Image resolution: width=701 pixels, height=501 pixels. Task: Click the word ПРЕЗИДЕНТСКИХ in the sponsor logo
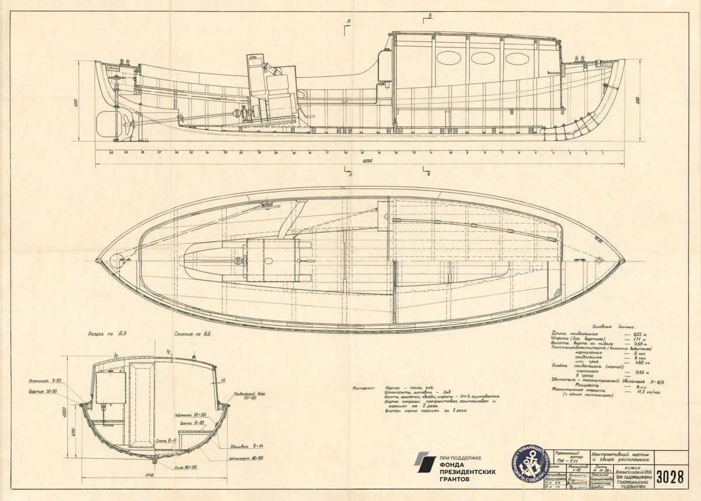[x=465, y=471]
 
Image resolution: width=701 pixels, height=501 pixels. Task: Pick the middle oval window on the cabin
[x=483, y=58]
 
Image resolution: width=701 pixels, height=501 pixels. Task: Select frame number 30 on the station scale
[x=111, y=152]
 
